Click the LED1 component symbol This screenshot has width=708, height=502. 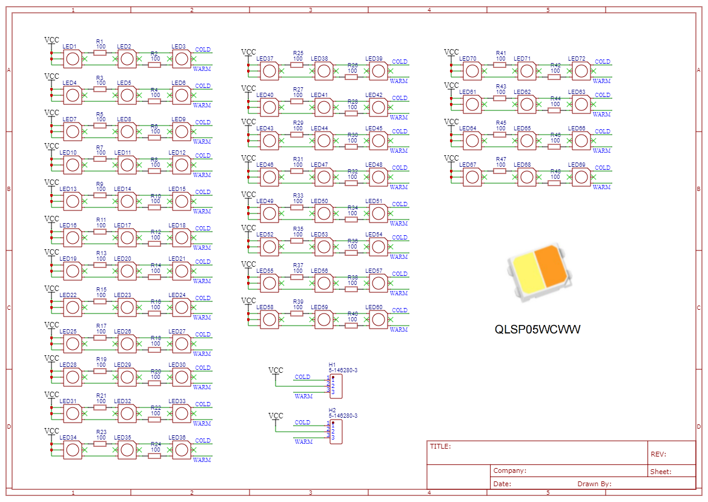coord(73,59)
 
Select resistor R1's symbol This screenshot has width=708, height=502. coord(100,53)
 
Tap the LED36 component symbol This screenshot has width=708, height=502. coord(182,450)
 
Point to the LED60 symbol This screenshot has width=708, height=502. coord(378,320)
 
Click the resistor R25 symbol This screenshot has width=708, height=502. coord(297,65)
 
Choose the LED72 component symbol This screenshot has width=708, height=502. coord(581,71)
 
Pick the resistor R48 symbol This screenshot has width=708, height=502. coord(554,183)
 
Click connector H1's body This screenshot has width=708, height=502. coord(336,386)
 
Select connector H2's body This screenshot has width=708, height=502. coord(336,431)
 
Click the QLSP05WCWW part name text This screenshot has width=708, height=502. coord(537,330)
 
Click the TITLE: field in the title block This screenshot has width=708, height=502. coord(440,447)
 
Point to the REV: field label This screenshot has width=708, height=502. coord(658,454)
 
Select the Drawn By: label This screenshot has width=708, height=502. coord(594,484)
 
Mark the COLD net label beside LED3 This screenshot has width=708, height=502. coord(203,50)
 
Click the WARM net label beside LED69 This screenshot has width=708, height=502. coord(601,187)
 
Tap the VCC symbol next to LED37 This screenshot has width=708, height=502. coord(248,52)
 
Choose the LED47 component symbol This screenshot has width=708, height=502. coord(323,177)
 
